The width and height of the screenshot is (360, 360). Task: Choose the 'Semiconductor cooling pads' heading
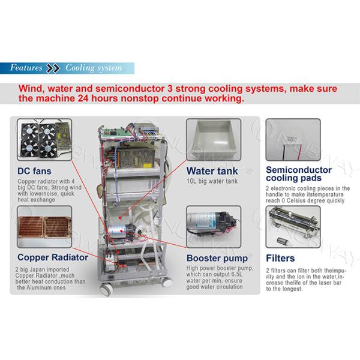(297, 173)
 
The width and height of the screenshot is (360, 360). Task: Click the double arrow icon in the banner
(53, 67)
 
